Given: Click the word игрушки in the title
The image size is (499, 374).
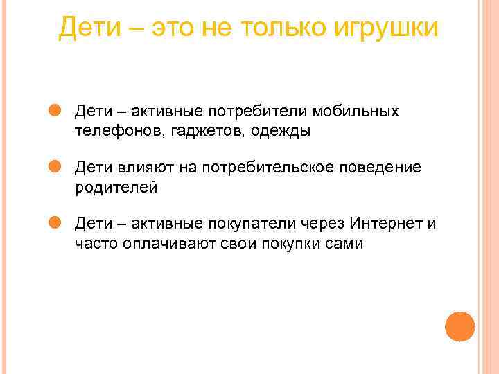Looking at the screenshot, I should [x=385, y=29].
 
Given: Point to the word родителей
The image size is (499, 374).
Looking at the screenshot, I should [x=117, y=187].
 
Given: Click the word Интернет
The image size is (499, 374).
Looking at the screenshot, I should [x=384, y=224].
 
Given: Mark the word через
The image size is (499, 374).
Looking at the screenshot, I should [x=324, y=224].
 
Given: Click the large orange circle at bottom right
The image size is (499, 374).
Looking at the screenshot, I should [x=459, y=326].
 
